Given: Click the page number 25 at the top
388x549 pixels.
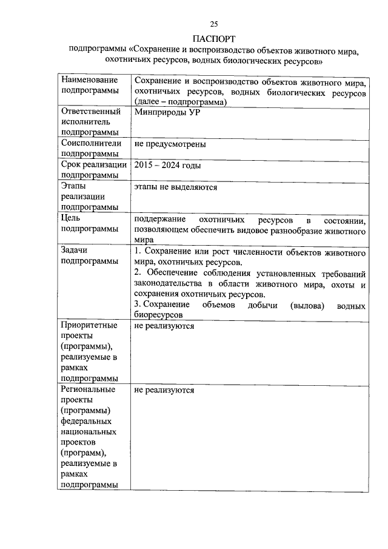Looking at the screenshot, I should pyautogui.click(x=213, y=24).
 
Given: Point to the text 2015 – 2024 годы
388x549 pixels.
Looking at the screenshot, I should pyautogui.click(x=168, y=165).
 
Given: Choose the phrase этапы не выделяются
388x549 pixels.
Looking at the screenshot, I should pyautogui.click(x=176, y=187).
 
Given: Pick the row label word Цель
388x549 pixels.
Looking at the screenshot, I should pyautogui.click(x=72, y=218).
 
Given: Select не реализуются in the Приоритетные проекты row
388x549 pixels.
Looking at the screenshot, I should pyautogui.click(x=164, y=326).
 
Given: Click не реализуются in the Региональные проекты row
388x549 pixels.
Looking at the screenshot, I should pyautogui.click(x=164, y=389).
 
